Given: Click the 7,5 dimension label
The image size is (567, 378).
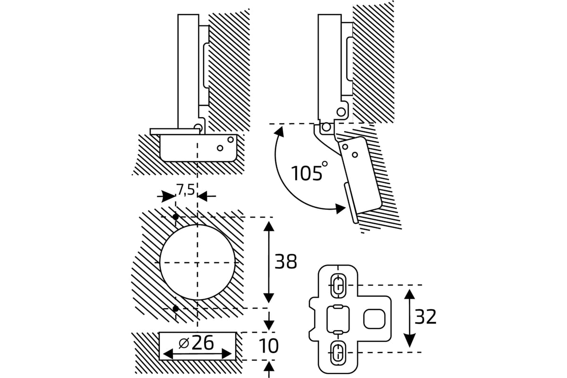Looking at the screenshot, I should coord(185,189).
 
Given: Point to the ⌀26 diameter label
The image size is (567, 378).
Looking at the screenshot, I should coord(198,343).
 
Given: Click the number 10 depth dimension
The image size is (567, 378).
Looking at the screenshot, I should coord(269,346).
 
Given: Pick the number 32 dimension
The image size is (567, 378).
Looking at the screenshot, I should coord(425,318).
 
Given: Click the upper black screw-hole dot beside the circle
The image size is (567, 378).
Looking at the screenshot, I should coord(175,217).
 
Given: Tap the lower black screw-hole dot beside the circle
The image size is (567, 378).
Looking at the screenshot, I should coord(175,308).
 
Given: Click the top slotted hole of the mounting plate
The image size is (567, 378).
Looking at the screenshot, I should coord(337,285).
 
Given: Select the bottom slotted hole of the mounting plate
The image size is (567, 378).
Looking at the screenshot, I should coord(337,352).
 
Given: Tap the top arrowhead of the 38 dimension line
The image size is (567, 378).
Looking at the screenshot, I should coord(268,226).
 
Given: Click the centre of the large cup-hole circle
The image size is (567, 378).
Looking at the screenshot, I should coord(198,262).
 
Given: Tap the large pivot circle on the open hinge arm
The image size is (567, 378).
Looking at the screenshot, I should coord(341,112).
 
